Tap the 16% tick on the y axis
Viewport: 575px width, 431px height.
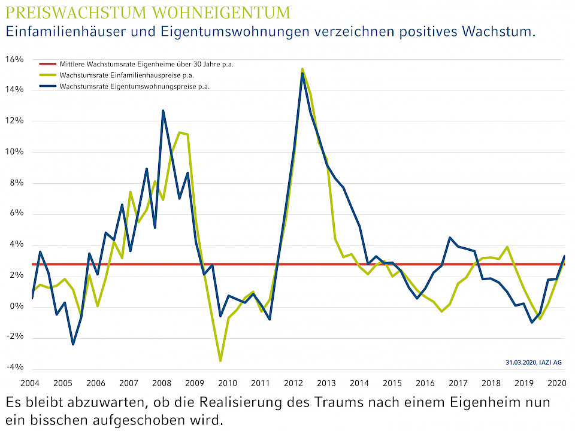pyautogui.click(x=14, y=59)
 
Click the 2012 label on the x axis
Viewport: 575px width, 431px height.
pyautogui.click(x=293, y=383)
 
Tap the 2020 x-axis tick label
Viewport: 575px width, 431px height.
pyautogui.click(x=556, y=383)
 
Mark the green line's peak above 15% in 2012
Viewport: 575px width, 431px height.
pyautogui.click(x=302, y=69)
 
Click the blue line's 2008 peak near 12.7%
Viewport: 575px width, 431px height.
pyautogui.click(x=163, y=111)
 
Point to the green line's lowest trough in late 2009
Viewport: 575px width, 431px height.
pyautogui.click(x=220, y=361)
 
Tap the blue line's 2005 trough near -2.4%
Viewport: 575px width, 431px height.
pyautogui.click(x=73, y=344)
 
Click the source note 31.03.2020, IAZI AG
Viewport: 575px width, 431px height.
pyautogui.click(x=533, y=363)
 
